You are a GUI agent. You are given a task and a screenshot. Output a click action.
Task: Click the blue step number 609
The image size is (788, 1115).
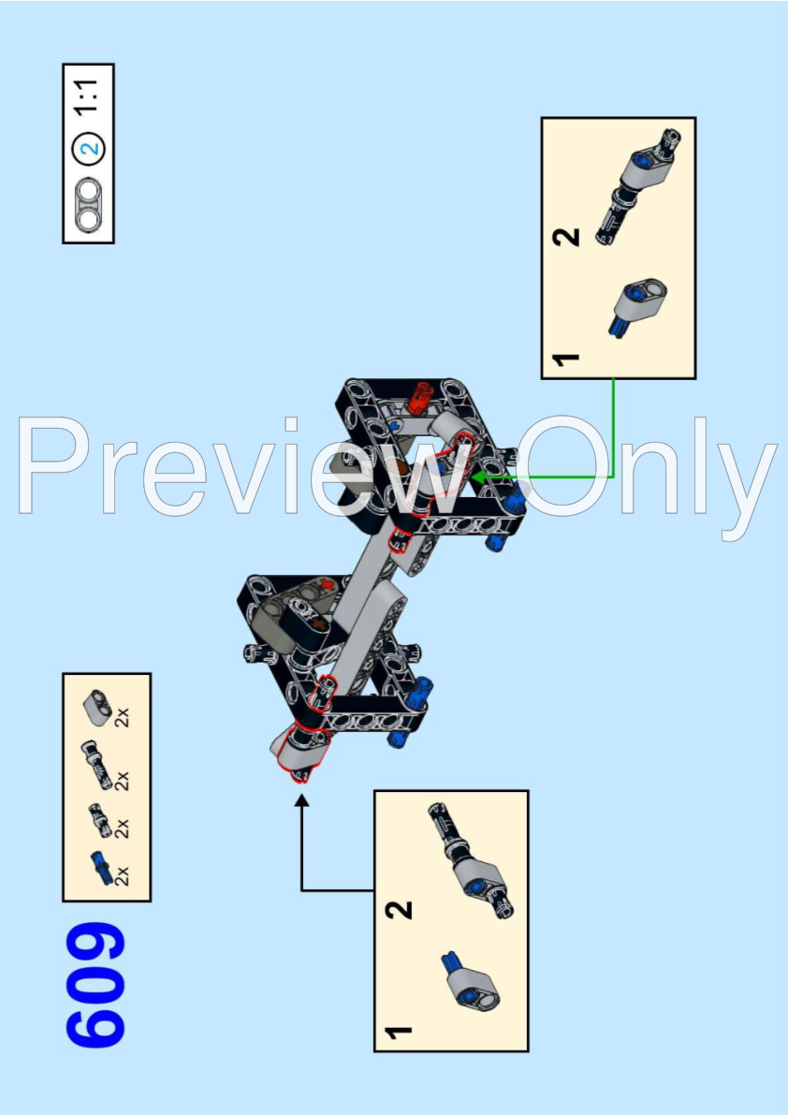[x=95, y=985]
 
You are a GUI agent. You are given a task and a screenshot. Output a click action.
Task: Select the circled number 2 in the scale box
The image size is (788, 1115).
[x=90, y=149]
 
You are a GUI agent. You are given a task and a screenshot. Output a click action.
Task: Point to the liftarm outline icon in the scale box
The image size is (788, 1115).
[x=90, y=202]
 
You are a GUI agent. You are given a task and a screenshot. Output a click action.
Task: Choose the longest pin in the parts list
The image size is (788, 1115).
[x=96, y=763]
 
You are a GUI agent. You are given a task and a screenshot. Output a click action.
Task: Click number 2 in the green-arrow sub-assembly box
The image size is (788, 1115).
[x=567, y=237]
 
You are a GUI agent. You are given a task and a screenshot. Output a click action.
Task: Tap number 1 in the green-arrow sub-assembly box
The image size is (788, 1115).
[x=567, y=359]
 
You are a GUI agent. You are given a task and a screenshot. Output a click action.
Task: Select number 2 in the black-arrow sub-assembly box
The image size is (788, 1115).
[x=400, y=909]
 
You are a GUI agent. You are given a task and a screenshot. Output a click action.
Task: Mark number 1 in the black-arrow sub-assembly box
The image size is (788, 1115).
[x=400, y=1031]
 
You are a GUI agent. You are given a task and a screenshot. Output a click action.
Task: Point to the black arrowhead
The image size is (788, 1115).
[x=302, y=800]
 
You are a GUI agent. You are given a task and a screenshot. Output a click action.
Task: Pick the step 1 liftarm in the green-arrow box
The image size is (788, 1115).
[x=639, y=306]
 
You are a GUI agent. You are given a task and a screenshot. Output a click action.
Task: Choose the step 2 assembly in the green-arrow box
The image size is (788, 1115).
[x=636, y=187]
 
